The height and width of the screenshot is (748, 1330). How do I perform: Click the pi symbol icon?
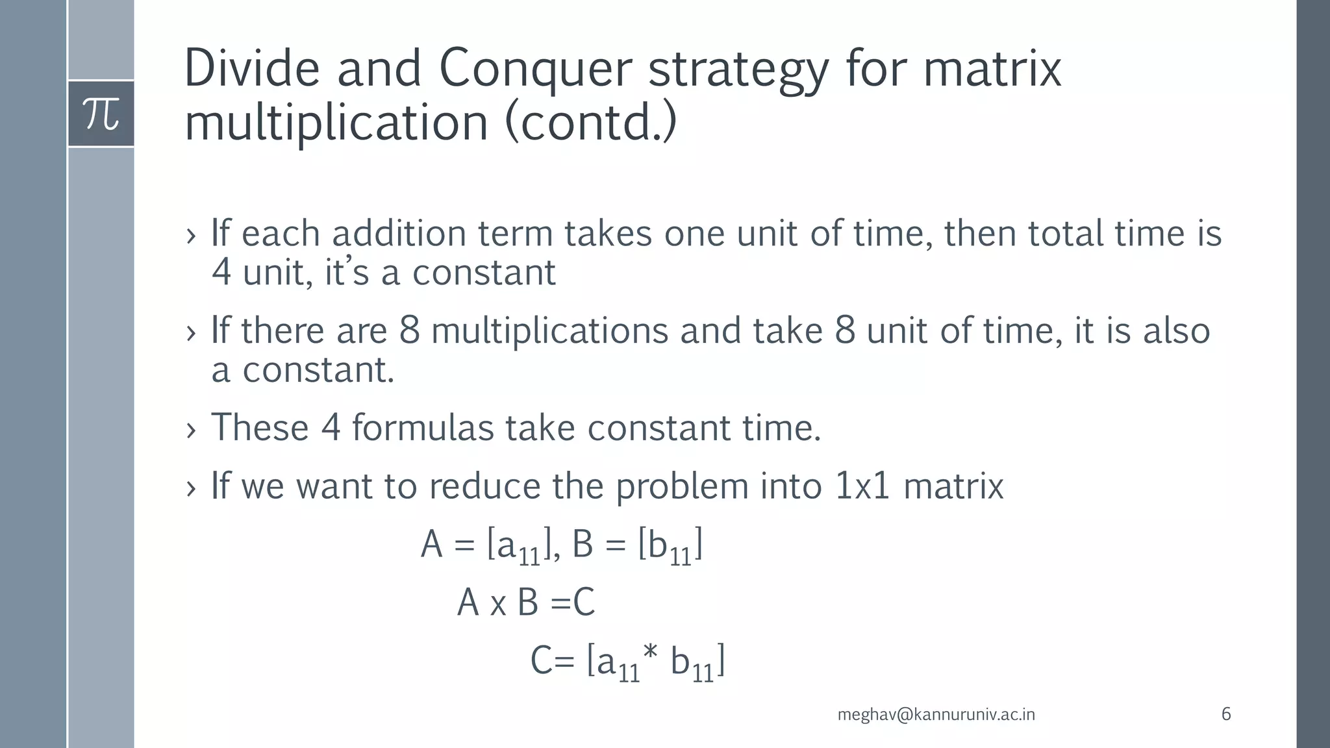click(101, 114)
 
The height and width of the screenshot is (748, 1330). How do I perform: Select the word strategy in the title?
click(738, 70)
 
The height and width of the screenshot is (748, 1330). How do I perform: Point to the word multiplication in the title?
click(336, 123)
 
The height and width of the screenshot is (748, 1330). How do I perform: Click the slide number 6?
click(1226, 714)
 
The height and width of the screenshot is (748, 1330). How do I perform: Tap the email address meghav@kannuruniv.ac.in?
click(936, 715)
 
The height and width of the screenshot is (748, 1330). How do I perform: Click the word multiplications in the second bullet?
click(549, 330)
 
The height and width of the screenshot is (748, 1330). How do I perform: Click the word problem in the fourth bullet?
click(682, 487)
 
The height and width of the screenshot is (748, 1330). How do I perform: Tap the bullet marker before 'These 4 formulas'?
click(190, 430)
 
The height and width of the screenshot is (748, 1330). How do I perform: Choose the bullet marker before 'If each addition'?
click(190, 235)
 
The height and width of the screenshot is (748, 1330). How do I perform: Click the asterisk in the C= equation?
click(652, 657)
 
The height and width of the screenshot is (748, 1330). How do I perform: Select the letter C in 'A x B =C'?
click(584, 603)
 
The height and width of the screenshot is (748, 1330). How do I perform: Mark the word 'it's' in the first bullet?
click(346, 272)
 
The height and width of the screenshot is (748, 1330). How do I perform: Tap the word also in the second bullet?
click(1176, 330)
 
